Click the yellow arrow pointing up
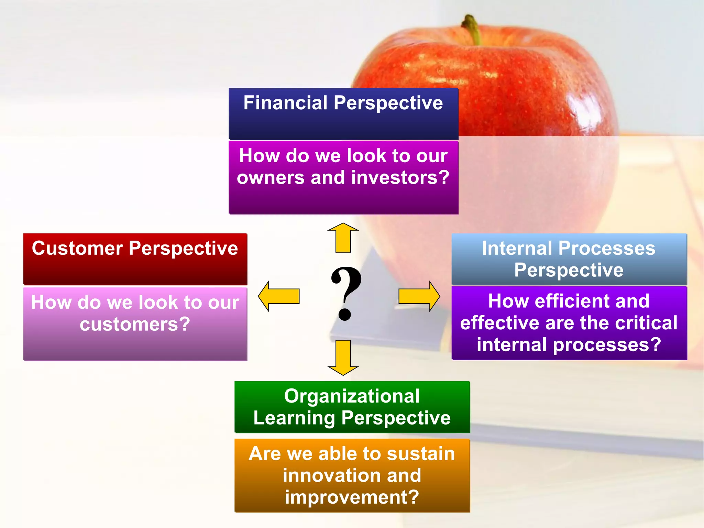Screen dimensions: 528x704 click(343, 238)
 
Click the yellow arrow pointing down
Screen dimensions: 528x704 click(343, 357)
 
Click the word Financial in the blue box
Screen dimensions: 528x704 click(285, 103)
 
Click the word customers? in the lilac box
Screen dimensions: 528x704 click(135, 324)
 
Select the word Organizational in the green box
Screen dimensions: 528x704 click(352, 396)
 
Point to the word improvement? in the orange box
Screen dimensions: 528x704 click(352, 497)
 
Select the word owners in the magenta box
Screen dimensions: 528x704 click(271, 178)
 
